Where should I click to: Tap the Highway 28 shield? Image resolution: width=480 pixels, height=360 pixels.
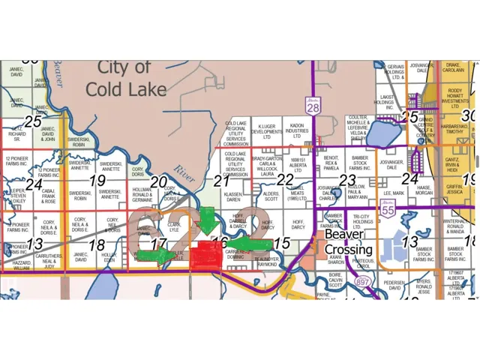point(312,108)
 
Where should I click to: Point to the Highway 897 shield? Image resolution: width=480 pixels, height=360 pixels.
point(363,280)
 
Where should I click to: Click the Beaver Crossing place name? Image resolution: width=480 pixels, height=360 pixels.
point(349,241)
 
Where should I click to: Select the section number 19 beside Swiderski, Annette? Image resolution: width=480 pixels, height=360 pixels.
point(97,180)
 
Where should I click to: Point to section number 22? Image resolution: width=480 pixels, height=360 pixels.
point(284,180)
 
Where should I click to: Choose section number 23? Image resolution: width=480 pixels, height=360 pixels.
point(346,180)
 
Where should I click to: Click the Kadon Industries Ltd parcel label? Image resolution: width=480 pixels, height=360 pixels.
point(297,132)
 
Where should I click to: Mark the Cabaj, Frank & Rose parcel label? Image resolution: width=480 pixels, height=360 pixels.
point(49,197)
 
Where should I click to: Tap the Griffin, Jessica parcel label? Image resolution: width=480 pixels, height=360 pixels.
point(454,190)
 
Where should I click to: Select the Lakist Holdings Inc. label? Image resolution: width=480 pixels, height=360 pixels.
point(388,102)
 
